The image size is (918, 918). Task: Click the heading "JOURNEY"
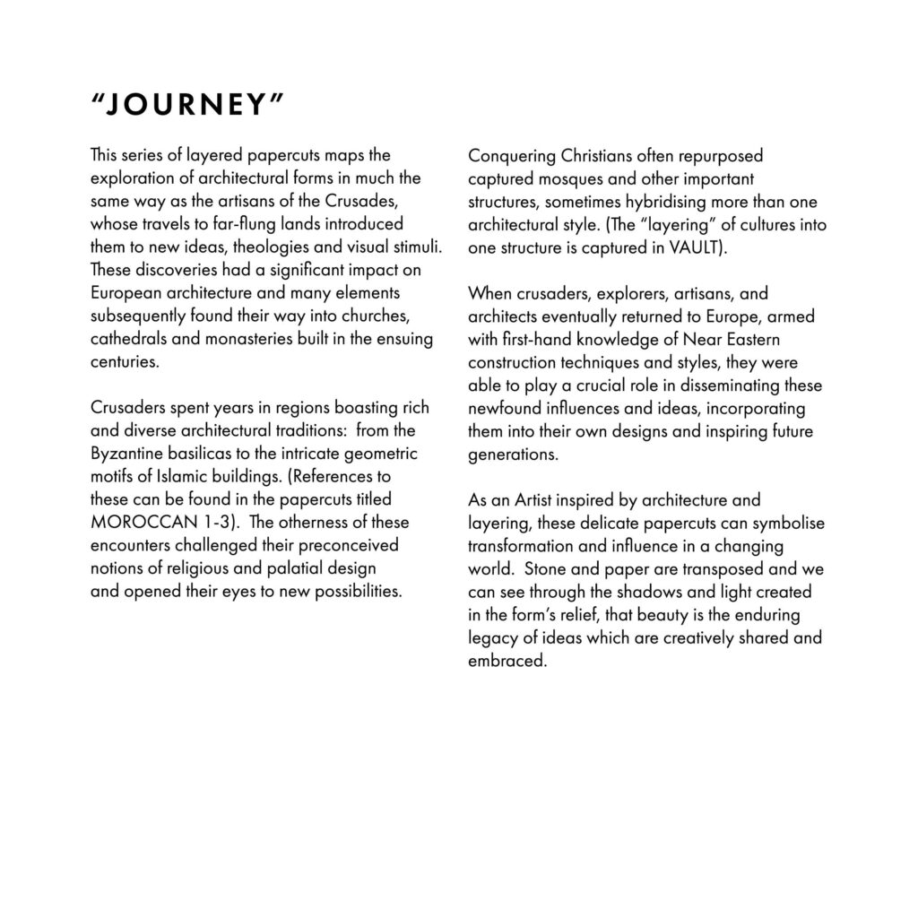[187, 105]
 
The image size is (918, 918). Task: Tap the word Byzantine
[126, 454]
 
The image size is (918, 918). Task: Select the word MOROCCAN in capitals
[137, 523]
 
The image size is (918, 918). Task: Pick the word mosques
[553, 178]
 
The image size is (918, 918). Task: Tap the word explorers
[608, 293]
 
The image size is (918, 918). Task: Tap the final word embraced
[507, 661]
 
